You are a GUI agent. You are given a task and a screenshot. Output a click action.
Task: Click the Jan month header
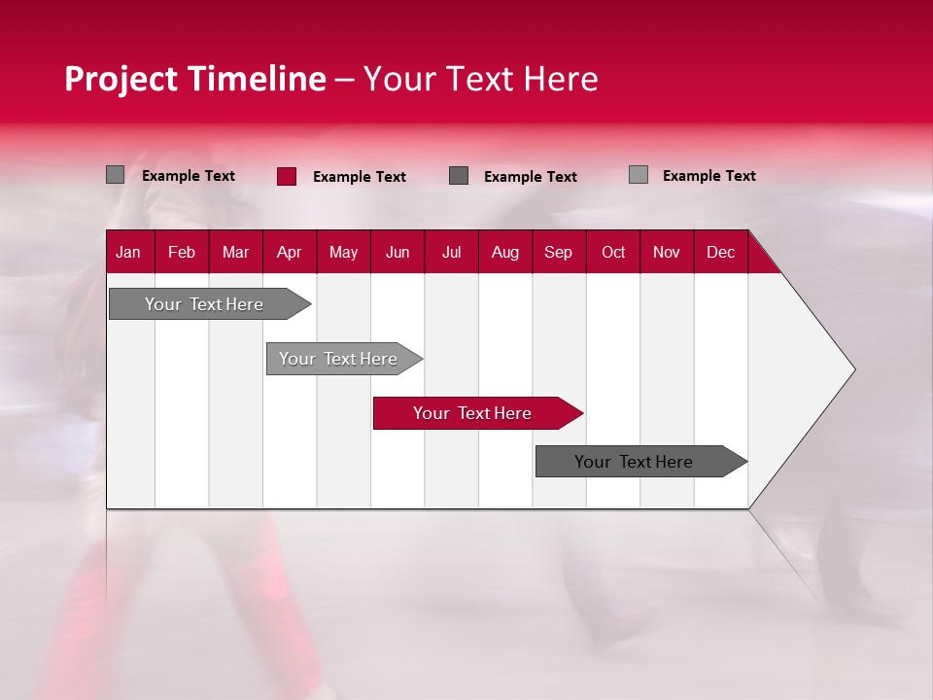(x=128, y=252)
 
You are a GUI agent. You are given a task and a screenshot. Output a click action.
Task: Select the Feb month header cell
(x=182, y=252)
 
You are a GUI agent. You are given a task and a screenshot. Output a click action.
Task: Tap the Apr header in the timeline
(x=289, y=252)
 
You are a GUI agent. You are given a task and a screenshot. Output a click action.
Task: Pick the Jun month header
(x=397, y=252)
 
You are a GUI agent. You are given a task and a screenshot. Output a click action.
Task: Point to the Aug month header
(x=504, y=252)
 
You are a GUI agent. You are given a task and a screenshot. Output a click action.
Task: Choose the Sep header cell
(x=558, y=252)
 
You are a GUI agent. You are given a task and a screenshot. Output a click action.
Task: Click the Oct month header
(x=613, y=252)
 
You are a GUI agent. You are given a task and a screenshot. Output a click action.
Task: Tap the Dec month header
(x=720, y=252)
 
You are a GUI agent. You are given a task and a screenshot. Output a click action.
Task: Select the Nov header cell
(x=667, y=252)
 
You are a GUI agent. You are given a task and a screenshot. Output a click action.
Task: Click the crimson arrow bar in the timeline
(x=471, y=413)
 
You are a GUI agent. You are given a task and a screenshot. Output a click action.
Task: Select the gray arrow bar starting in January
(x=204, y=304)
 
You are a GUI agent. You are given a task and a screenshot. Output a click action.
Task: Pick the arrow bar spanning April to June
(x=338, y=359)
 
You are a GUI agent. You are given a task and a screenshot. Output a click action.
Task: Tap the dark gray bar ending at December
(x=634, y=462)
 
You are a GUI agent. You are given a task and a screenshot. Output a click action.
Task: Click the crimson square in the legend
(x=287, y=176)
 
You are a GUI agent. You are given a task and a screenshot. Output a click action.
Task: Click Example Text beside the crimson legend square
(x=360, y=177)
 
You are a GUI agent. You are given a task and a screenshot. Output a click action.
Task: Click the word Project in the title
(x=121, y=79)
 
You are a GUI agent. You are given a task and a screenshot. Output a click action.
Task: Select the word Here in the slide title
(x=561, y=79)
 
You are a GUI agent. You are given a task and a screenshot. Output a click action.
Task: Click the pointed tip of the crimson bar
(x=580, y=413)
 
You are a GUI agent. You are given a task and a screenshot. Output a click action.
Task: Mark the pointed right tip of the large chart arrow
(x=853, y=369)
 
